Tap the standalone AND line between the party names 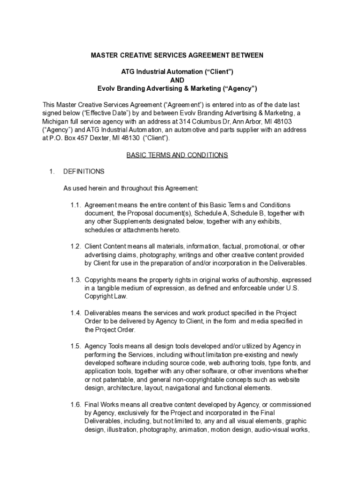(x=177, y=80)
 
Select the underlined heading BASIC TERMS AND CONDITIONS (x=177, y=155)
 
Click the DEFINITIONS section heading (x=84, y=171)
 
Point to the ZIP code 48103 (x=287, y=121)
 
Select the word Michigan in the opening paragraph (x=57, y=121)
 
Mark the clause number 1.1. (x=76, y=205)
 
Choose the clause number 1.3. (x=76, y=280)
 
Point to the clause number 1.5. (x=76, y=346)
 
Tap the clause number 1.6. (x=76, y=405)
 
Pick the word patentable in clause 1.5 (x=114, y=380)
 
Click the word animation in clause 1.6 (x=193, y=430)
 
